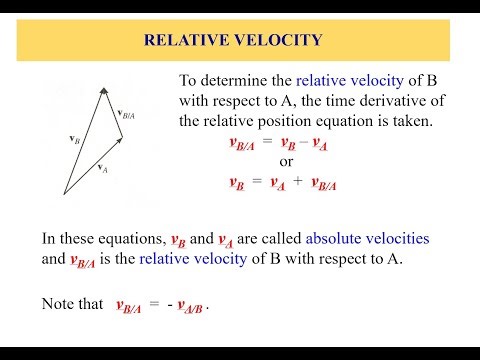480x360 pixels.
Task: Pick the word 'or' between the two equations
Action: point(286,163)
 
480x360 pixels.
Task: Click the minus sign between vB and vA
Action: point(300,143)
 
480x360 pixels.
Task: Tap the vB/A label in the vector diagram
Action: point(127,116)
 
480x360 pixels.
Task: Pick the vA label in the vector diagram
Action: point(104,170)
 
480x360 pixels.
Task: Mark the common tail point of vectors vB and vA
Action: point(64,192)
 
